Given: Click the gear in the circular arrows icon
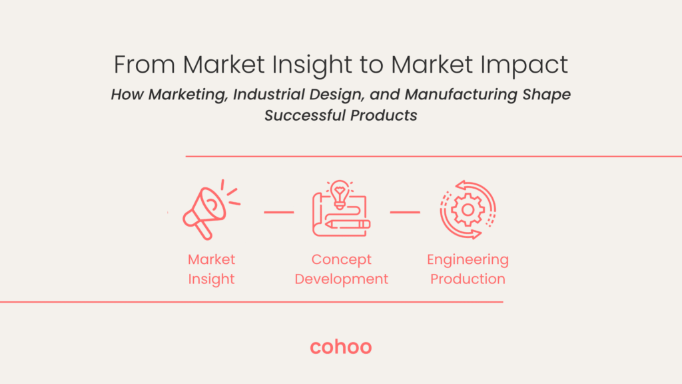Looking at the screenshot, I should click(468, 210).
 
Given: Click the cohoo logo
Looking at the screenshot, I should click(341, 347).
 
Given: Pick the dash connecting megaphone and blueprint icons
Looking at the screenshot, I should click(278, 213).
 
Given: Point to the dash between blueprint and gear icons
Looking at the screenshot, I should click(404, 213).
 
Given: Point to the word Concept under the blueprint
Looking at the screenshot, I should click(341, 260).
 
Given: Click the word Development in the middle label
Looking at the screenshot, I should click(341, 279).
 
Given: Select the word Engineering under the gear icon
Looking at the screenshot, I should click(468, 260).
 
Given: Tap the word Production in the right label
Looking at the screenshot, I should click(468, 279).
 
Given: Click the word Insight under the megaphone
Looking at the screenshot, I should click(211, 279).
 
